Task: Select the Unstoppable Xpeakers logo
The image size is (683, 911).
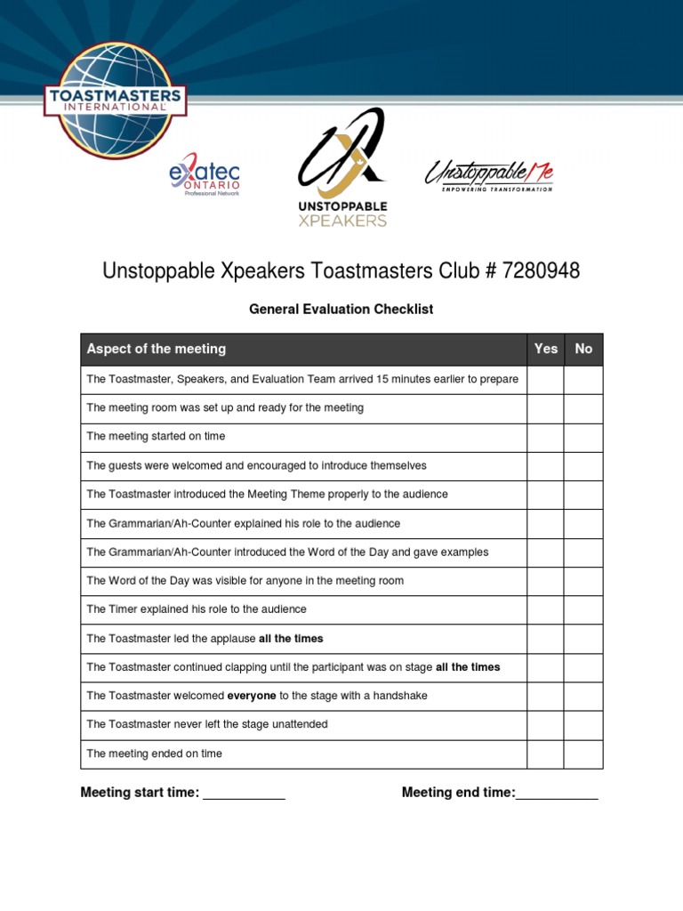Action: tap(341, 167)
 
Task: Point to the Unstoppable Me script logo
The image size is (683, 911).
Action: tap(488, 174)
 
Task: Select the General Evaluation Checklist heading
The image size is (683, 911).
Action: tap(341, 310)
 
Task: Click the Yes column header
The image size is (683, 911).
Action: tap(546, 349)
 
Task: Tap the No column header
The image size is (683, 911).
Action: tap(583, 349)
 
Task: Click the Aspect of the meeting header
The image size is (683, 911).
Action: tap(157, 349)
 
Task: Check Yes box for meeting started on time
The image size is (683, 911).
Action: tap(545, 437)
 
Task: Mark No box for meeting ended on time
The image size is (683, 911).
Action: tap(583, 754)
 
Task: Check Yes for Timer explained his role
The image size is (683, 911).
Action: tap(545, 609)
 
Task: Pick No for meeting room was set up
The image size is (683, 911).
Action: tap(583, 408)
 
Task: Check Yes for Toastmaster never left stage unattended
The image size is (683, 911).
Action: tap(545, 725)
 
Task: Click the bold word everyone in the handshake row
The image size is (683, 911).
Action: tap(252, 696)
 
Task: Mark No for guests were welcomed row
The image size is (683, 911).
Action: tap(583, 465)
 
